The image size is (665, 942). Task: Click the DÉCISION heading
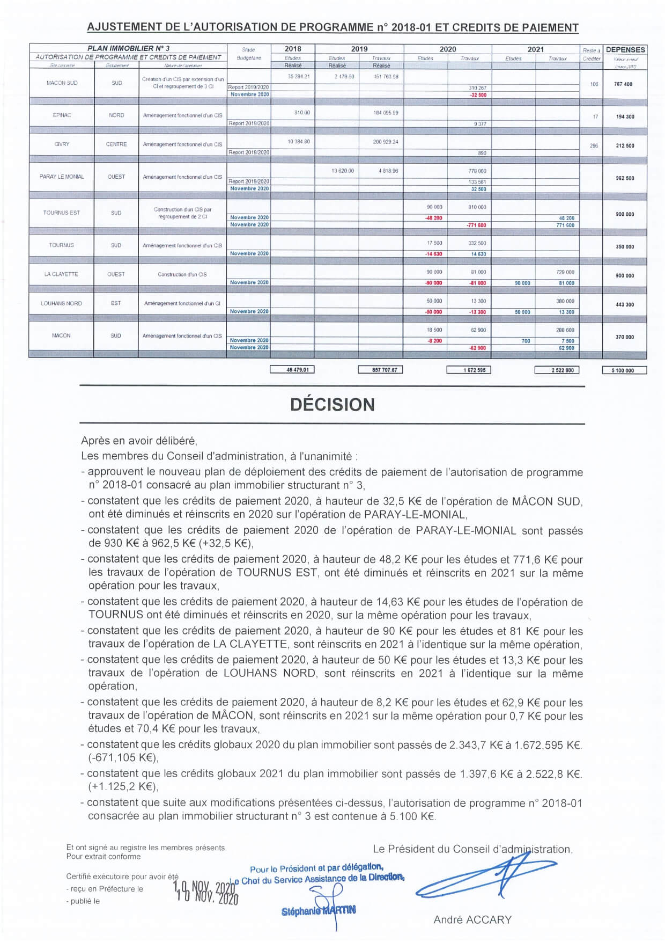(x=332, y=405)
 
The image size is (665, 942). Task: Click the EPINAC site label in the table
(x=62, y=115)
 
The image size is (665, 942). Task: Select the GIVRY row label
(x=62, y=144)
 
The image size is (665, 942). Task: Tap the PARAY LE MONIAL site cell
(x=62, y=177)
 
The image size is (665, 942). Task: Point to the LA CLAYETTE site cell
(x=61, y=274)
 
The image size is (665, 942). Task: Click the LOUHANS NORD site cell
(x=61, y=303)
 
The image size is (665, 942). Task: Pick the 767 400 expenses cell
(x=624, y=84)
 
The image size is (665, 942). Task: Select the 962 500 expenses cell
(x=625, y=178)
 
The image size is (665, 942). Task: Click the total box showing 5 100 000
(x=624, y=370)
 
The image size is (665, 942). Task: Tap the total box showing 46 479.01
(x=292, y=370)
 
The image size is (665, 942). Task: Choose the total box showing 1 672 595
(x=469, y=370)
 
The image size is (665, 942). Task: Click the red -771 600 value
(x=476, y=225)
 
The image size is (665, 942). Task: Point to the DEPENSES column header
(x=625, y=49)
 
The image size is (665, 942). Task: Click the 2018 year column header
(x=293, y=49)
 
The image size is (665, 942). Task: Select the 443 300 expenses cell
(x=625, y=304)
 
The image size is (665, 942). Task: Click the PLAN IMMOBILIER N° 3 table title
(x=128, y=48)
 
